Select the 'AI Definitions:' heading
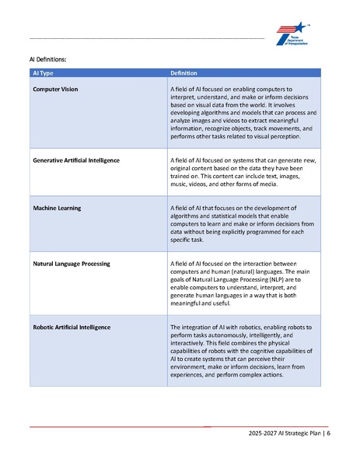click(x=47, y=59)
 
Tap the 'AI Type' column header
click(x=43, y=72)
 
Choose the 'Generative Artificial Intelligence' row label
click(x=76, y=160)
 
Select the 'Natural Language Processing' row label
click(x=72, y=264)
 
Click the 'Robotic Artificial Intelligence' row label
click(x=72, y=327)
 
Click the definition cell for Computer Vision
click(x=242, y=113)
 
